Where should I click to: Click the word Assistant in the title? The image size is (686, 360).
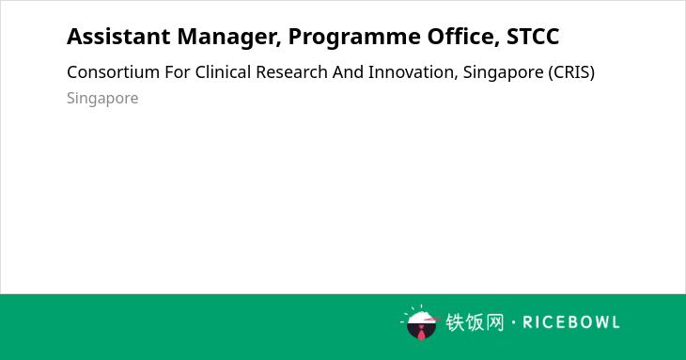[x=118, y=36]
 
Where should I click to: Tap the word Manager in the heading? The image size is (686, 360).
[x=229, y=38]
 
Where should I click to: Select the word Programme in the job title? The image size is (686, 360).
[x=354, y=38]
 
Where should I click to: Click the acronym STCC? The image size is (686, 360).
[x=533, y=37]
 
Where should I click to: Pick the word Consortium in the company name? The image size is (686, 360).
[x=114, y=72]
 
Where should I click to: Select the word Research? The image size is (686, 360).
[x=292, y=72]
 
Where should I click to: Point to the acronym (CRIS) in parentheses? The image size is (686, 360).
[x=571, y=72]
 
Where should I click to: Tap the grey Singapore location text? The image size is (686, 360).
[x=102, y=99]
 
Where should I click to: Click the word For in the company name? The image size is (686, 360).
[x=178, y=72]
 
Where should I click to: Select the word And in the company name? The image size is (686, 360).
[x=348, y=72]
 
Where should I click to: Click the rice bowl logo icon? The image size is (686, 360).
[x=420, y=322]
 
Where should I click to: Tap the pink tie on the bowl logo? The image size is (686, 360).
[x=421, y=333]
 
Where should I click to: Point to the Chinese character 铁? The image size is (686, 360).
[x=455, y=322]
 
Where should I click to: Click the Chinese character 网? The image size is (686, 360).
[x=495, y=322]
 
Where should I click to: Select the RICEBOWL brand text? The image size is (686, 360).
[x=571, y=322]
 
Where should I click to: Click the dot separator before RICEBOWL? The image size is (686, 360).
[x=513, y=322]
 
